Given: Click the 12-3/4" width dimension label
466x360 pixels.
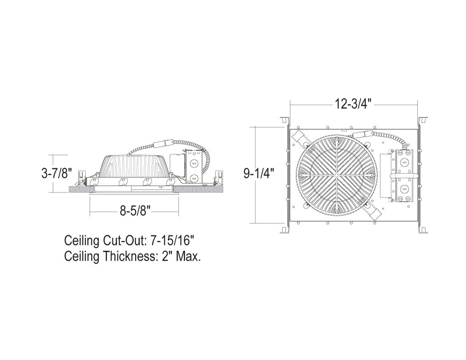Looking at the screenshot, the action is pos(353,104).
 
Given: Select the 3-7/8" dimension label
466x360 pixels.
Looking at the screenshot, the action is pos(57,173).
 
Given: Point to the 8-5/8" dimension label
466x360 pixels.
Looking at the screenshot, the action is pos(134,211).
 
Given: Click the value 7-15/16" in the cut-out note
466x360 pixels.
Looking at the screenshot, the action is pos(172,240).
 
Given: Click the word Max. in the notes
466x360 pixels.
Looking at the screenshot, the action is pos(188,256).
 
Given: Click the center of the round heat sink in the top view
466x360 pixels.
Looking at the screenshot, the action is pos(336,175).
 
